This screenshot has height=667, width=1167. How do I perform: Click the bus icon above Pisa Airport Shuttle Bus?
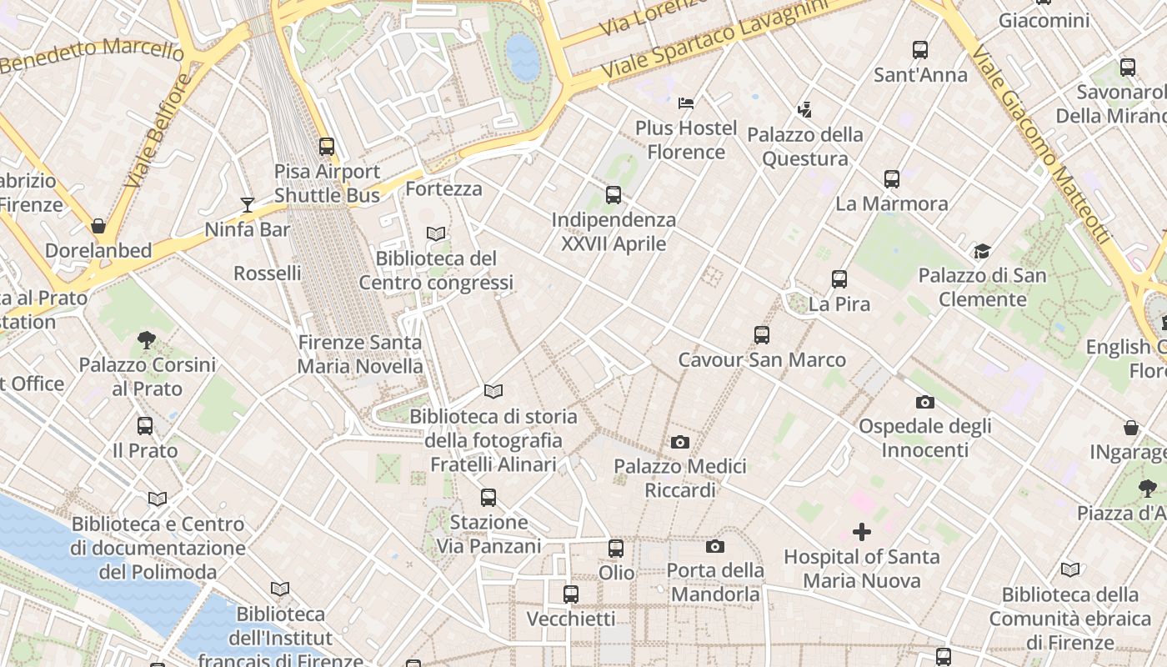327,147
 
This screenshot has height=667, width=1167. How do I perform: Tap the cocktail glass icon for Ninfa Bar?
247,204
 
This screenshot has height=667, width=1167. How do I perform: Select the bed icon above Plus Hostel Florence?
686,103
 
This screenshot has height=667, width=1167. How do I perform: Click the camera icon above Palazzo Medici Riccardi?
680,442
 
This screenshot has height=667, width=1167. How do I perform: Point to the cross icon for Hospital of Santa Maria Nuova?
862,532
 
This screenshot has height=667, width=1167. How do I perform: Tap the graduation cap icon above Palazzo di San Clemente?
982,251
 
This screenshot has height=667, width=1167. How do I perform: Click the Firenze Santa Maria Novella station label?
360,354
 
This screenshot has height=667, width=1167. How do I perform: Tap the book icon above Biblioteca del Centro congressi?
436,233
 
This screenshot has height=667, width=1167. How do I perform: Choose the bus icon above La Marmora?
892,178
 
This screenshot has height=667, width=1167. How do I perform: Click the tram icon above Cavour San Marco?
762,335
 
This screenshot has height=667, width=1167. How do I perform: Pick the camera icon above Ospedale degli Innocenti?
924,402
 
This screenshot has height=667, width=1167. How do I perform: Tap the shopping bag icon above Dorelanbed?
98,226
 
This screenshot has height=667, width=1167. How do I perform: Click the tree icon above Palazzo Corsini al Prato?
147,339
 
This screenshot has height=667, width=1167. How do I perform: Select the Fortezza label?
443,188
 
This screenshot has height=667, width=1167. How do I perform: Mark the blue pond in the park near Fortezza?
522,56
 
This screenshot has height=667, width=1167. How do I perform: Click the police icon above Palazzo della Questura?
804,109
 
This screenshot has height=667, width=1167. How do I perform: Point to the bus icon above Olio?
616,549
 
